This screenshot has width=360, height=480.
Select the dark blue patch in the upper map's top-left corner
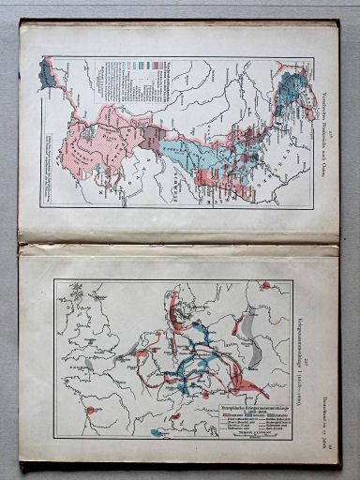(x=47, y=73)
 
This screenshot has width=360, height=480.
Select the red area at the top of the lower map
(x=174, y=305)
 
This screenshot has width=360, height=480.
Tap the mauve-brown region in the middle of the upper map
(x=148, y=141)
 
